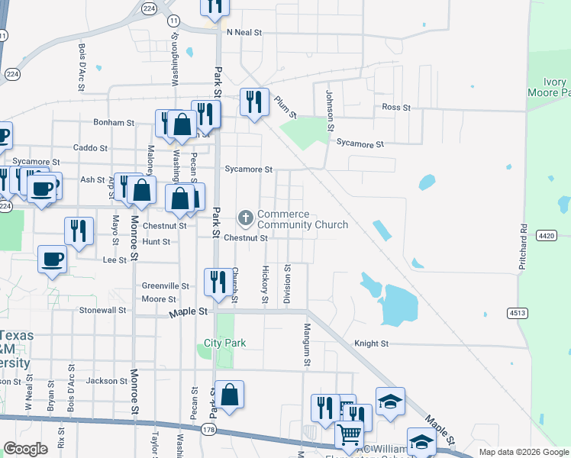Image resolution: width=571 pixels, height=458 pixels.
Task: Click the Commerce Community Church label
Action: (x=302, y=219)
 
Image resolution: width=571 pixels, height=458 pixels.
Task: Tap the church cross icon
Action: (x=246, y=219)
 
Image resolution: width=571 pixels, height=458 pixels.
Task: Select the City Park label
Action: (x=224, y=343)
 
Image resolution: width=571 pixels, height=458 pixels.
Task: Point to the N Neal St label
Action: (x=244, y=33)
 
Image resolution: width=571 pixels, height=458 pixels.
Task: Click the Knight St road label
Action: (x=372, y=343)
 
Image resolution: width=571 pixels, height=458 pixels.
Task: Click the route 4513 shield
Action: (x=517, y=313)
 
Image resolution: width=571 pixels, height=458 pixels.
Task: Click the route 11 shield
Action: (x=174, y=20)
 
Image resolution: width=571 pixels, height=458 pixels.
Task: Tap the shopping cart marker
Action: (x=349, y=435)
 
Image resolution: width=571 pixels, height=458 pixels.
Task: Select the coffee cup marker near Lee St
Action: (x=52, y=260)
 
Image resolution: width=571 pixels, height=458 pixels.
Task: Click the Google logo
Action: (x=26, y=449)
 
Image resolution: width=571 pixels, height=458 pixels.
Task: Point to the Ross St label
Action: (x=396, y=108)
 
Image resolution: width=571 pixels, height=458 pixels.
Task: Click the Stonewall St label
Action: (x=102, y=311)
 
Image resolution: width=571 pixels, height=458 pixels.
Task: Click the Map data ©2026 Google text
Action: (x=523, y=452)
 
